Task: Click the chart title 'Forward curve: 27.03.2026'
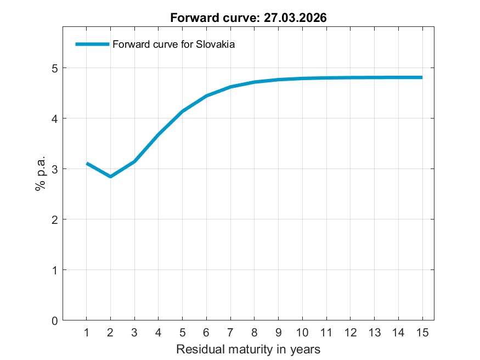click(249, 18)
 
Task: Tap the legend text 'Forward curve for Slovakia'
click(173, 45)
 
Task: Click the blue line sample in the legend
click(92, 44)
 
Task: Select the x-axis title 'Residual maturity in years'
click(248, 349)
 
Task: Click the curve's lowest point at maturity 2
click(110, 176)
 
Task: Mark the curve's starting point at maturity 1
click(87, 164)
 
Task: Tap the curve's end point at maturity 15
click(422, 77)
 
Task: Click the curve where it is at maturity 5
click(182, 111)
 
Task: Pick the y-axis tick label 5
click(54, 68)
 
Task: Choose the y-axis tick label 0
click(54, 320)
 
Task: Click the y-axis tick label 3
click(54, 169)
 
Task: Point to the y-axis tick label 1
click(54, 270)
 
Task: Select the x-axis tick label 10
click(302, 332)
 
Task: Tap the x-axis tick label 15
click(422, 332)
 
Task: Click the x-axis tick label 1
click(87, 332)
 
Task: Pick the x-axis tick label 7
click(230, 332)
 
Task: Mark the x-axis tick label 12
click(350, 332)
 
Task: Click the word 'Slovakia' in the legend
click(216, 45)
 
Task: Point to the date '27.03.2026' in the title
click(296, 18)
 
